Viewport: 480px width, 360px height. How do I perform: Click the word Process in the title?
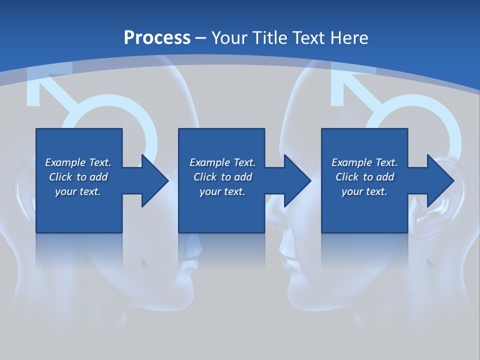[157, 37]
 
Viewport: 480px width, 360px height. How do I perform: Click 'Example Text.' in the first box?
[78, 162]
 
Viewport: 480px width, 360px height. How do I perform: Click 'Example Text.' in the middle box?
[222, 162]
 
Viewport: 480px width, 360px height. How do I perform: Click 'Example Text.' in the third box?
[364, 162]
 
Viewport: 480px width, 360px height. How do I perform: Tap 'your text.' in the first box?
[78, 191]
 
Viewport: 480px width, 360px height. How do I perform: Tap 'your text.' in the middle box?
[222, 191]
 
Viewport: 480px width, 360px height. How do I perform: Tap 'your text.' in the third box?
[364, 191]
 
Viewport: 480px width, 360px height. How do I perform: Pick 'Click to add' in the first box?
[78, 177]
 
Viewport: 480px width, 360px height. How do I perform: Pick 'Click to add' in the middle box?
[222, 177]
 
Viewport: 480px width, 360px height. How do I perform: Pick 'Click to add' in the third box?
[364, 177]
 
